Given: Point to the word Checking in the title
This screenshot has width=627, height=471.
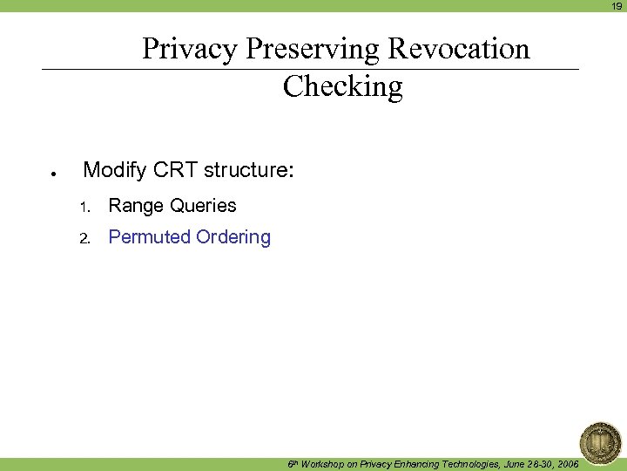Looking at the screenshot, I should (343, 86).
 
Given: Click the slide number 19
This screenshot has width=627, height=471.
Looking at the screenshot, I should (617, 6).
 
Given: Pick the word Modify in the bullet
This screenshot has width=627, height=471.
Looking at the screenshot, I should (116, 170).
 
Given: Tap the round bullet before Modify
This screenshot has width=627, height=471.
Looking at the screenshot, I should (53, 174).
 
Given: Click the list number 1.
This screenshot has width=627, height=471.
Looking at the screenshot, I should (84, 208).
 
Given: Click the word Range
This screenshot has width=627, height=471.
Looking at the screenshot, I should (136, 206).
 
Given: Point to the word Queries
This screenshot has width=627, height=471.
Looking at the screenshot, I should (203, 206).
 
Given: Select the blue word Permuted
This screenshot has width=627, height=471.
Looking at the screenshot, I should (149, 237).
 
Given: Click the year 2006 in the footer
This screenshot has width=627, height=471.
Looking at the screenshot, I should (566, 464).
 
